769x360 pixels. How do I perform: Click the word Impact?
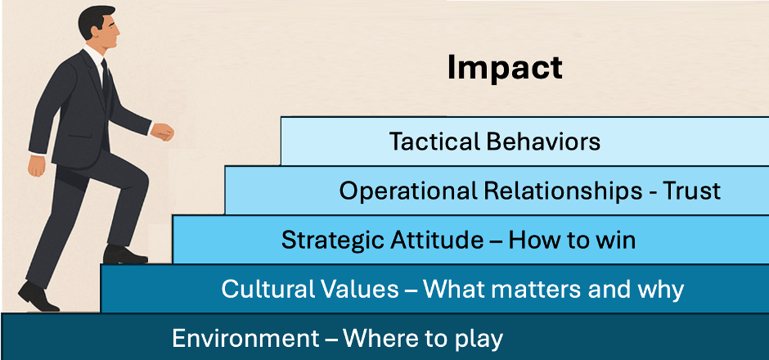[x=505, y=68]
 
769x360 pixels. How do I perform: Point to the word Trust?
[x=691, y=191]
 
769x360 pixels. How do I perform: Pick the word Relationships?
[x=563, y=191]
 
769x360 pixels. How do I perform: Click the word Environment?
[x=245, y=339]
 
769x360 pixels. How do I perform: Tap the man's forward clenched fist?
[x=162, y=132]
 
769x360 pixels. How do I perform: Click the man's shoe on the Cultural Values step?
[x=124, y=255]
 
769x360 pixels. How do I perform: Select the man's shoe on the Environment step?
[x=38, y=297]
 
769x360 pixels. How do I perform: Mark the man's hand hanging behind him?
[x=36, y=164]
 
